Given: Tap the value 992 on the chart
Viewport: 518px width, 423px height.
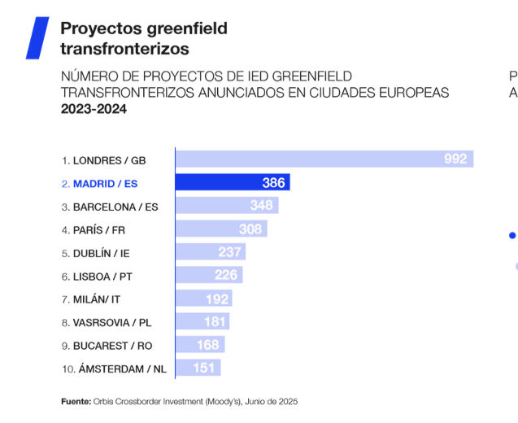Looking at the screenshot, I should pyautogui.click(x=455, y=159).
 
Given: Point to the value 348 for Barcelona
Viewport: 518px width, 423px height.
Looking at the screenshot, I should pyautogui.click(x=262, y=206).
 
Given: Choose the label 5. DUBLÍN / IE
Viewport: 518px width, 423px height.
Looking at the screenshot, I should pyautogui.click(x=95, y=253).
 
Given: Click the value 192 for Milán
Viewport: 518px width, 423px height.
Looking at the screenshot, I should pyautogui.click(x=217, y=299).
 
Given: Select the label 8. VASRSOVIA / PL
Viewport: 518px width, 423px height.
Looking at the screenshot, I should pyautogui.click(x=106, y=322).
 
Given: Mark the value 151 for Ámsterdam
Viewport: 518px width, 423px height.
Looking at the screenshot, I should pyautogui.click(x=204, y=368).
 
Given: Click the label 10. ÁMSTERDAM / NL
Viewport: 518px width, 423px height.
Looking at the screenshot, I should pyautogui.click(x=114, y=368).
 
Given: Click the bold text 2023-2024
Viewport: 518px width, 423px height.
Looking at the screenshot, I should pyautogui.click(x=94, y=110).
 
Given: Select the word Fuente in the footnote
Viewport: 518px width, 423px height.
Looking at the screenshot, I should pyautogui.click(x=76, y=401).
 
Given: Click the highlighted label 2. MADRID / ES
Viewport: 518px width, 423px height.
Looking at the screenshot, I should pyautogui.click(x=99, y=184).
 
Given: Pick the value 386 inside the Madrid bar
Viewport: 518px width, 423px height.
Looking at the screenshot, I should pyautogui.click(x=273, y=183).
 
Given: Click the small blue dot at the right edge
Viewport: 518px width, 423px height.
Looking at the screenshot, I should pyautogui.click(x=512, y=236).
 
